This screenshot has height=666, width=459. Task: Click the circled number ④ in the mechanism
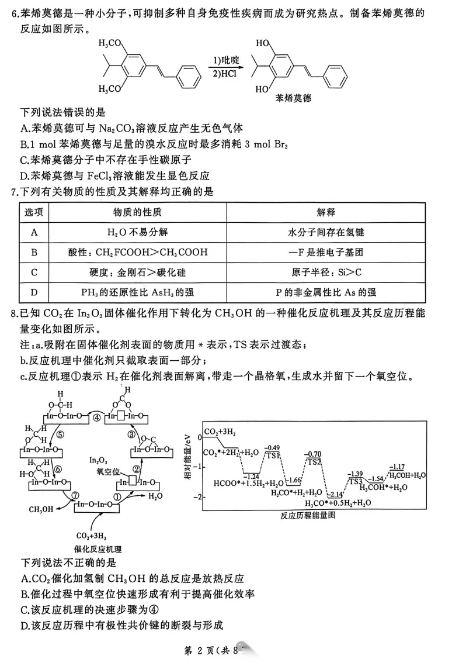pyautogui.click(x=96, y=417)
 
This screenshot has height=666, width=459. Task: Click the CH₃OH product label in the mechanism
pyautogui.click(x=42, y=509)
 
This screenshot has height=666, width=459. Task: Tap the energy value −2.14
pyautogui.click(x=335, y=494)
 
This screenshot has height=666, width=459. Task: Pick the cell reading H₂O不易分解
pyautogui.click(x=137, y=232)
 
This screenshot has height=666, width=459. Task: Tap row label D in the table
pyautogui.click(x=34, y=292)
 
